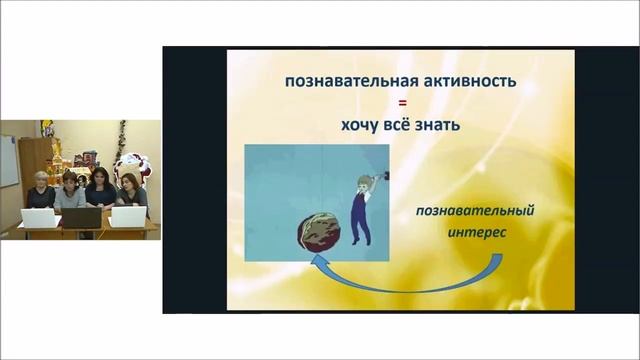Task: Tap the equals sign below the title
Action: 400,104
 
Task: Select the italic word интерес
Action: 470,232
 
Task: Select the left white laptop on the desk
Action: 38,217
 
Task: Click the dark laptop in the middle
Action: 82,217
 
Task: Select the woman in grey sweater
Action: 70,192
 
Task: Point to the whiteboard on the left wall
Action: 8,161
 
